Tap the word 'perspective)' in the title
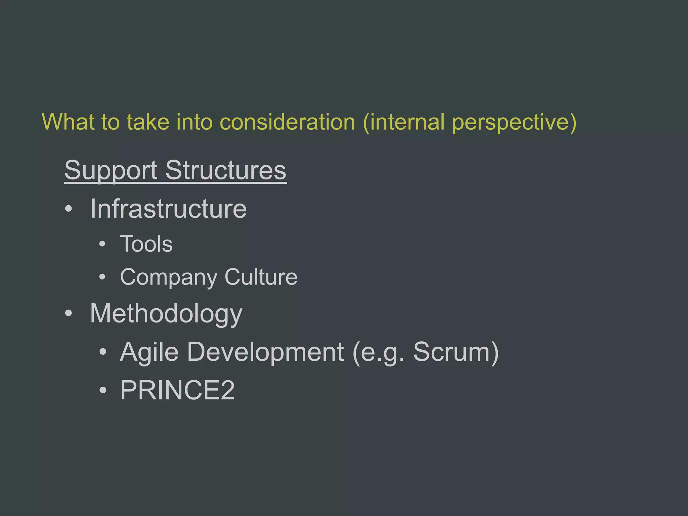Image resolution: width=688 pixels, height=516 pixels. pos(514,122)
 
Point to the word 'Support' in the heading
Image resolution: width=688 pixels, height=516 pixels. pos(111,171)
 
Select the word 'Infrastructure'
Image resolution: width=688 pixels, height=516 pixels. pos(168,209)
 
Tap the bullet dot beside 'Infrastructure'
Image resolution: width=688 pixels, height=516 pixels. pos(69,209)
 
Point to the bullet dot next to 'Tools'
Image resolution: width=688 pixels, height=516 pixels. pos(102,244)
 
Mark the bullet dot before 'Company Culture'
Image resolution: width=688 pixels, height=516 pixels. pos(102,277)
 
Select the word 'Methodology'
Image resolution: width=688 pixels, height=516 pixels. pos(166,314)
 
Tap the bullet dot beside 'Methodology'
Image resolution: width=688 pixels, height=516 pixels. pos(69,313)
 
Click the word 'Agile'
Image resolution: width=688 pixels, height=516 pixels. pos(149,352)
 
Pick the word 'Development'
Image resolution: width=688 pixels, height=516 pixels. pos(265,352)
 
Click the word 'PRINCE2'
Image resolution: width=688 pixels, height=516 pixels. pos(177,390)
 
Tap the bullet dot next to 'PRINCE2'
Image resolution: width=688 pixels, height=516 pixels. pos(102,390)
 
